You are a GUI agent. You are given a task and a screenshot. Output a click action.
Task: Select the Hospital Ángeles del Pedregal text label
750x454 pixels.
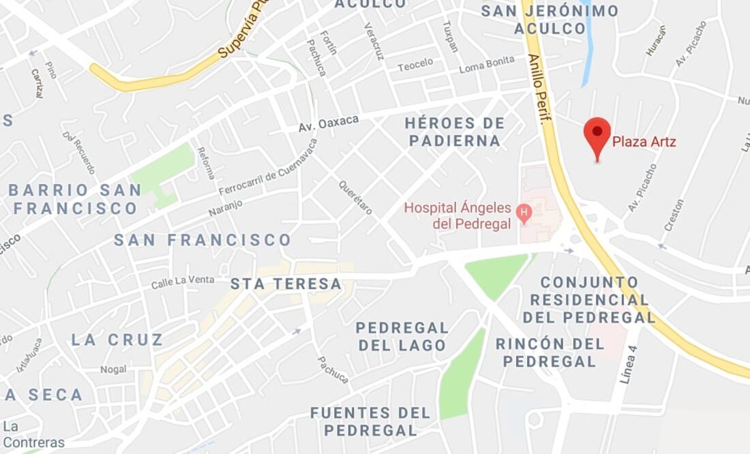click(x=458, y=215)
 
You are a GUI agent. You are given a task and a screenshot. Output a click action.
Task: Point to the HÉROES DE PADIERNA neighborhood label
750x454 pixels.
click(x=455, y=132)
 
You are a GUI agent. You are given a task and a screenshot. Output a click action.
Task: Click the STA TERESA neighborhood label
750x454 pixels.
click(x=286, y=284)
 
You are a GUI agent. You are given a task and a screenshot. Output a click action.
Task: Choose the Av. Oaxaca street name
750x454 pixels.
click(x=329, y=123)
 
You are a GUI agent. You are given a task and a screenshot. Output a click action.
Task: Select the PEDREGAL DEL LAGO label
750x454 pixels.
click(x=402, y=337)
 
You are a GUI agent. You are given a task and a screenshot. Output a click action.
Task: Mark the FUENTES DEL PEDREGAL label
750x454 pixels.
click(x=370, y=421)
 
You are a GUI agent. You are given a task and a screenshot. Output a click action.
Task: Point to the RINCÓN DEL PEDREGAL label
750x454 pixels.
click(x=550, y=352)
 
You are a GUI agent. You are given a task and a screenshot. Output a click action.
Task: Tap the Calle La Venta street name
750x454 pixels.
click(x=182, y=280)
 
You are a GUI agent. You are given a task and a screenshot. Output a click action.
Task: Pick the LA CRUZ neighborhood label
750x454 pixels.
click(x=117, y=339)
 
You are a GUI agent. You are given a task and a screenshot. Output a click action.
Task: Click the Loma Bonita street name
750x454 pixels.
click(x=486, y=65)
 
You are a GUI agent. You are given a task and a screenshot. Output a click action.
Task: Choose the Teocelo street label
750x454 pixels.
click(x=415, y=65)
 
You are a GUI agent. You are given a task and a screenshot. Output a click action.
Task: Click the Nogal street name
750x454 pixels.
click(x=113, y=369)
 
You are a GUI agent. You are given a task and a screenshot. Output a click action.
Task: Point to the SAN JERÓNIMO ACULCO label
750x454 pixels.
click(x=550, y=20)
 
